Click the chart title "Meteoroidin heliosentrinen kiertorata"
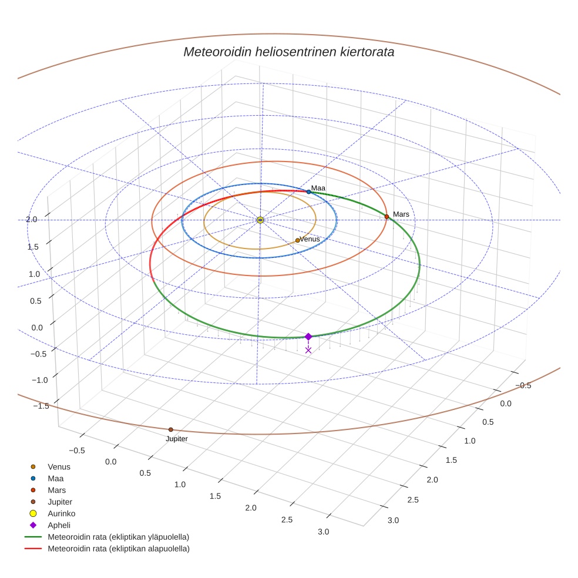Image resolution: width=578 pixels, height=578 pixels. click(288, 52)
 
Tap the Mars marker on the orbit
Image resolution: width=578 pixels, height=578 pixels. click(387, 217)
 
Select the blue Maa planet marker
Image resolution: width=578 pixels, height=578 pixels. click(308, 192)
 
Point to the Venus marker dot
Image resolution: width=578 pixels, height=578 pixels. click(297, 240)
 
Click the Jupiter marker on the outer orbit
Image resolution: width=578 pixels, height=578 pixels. click(171, 429)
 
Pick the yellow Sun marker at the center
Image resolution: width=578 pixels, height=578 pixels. click(260, 220)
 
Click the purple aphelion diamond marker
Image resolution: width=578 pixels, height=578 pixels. click(308, 337)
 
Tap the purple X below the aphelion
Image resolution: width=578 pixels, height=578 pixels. click(308, 350)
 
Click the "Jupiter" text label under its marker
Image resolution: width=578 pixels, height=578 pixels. click(176, 439)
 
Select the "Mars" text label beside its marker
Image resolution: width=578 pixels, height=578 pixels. click(401, 214)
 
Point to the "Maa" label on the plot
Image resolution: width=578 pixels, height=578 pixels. click(318, 188)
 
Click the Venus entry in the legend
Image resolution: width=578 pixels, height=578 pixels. click(59, 466)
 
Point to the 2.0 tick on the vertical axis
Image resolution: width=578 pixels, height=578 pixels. click(31, 219)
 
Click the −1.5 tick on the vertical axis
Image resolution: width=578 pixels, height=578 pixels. click(41, 406)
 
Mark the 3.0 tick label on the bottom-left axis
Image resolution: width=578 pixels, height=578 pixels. click(323, 532)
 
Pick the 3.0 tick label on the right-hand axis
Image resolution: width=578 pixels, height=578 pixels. click(393, 520)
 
